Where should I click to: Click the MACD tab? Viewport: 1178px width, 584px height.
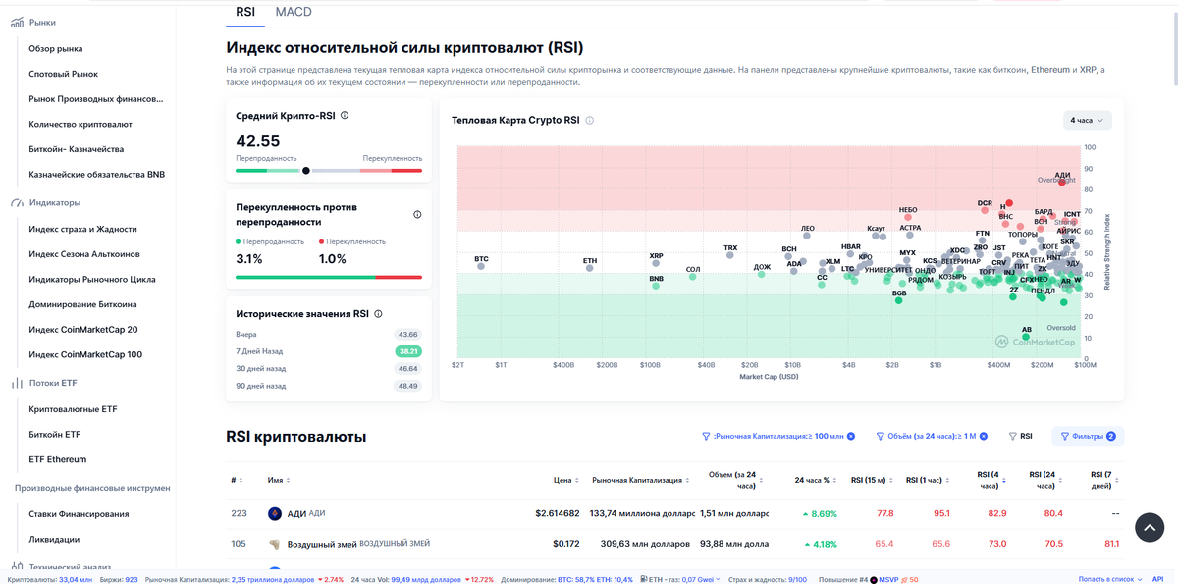294,12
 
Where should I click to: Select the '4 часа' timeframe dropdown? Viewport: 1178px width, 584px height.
1087,120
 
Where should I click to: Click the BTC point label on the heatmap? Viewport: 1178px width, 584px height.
481,259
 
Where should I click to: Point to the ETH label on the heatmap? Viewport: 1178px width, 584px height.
590,261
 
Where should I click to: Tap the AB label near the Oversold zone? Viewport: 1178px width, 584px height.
1027,330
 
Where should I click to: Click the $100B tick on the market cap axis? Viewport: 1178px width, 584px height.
650,365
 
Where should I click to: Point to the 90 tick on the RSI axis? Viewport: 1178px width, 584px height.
1088,169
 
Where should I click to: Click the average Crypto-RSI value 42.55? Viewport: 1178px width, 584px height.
258,141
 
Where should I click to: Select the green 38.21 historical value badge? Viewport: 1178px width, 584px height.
407,351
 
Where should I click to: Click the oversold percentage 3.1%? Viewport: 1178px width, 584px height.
249,259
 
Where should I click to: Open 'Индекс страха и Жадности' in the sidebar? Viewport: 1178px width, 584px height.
82,229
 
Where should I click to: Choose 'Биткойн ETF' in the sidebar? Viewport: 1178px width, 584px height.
55,434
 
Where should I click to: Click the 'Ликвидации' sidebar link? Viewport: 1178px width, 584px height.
54,539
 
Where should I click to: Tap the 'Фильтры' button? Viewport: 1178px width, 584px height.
1088,437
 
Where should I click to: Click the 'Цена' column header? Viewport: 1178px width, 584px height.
562,481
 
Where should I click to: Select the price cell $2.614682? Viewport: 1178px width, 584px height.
557,513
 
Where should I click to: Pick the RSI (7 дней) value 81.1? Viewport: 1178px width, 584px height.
1111,544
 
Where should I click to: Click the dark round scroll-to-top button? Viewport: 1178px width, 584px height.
1150,527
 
